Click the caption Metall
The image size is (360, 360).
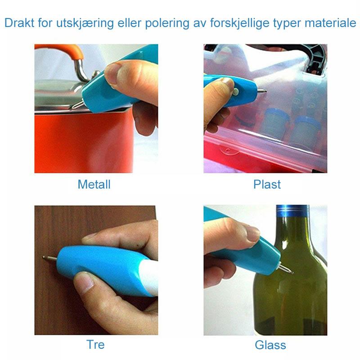click(x=94, y=184)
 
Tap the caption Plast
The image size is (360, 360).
click(x=267, y=184)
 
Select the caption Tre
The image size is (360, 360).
click(x=95, y=344)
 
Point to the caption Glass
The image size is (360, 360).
click(x=270, y=345)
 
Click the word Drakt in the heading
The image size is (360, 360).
click(x=19, y=23)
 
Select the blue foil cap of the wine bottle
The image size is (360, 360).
click(x=292, y=211)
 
